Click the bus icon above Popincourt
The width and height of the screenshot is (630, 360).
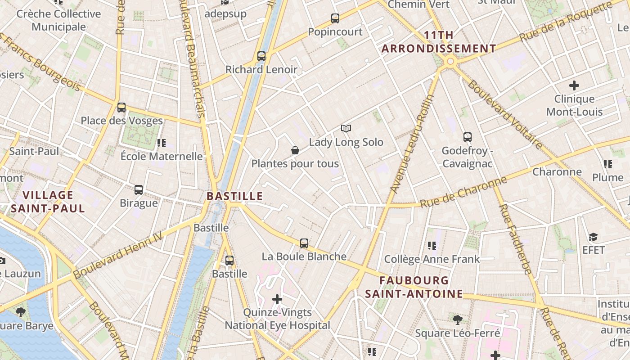coord(335,18)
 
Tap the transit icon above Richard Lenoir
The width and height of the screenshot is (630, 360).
coord(261,56)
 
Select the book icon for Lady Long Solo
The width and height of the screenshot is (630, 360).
coord(346,129)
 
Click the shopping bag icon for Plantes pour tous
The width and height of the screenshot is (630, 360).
coord(295,150)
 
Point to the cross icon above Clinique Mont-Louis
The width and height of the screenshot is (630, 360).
coord(574,85)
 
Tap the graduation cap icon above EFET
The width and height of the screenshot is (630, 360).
coord(593,237)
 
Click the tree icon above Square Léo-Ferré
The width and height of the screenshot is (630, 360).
coord(458,320)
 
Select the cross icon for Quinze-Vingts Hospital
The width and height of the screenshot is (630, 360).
coord(277,299)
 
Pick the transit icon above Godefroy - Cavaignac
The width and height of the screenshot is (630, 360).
coord(468,137)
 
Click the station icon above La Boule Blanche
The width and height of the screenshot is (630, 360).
coord(304,243)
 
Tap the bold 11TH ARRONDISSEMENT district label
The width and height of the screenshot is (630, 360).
coord(439,42)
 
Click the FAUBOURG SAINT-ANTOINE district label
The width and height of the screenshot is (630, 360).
coord(414,287)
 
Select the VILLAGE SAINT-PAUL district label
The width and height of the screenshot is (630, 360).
coord(48,202)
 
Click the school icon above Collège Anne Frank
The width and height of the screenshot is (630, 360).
coord(432,246)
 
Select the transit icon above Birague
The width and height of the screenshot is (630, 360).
coord(139,190)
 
